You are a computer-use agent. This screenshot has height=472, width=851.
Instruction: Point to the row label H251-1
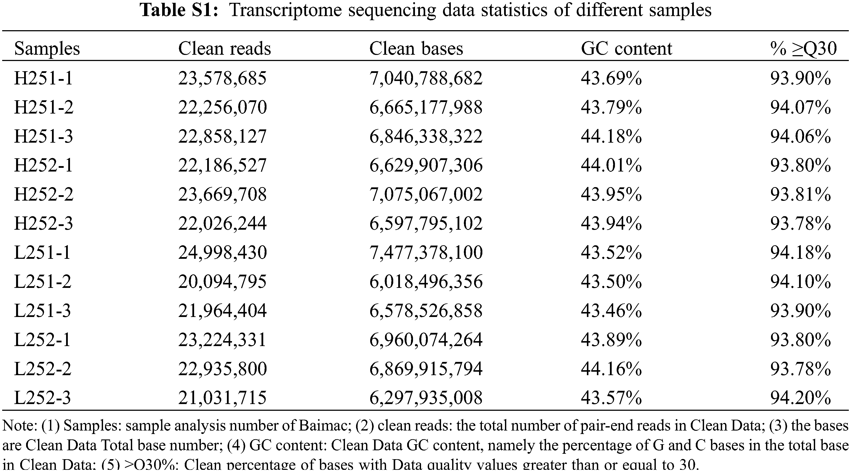click(x=43, y=79)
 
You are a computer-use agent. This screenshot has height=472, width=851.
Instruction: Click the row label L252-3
click(x=42, y=397)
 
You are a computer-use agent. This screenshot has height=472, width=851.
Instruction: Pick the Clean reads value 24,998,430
click(x=222, y=253)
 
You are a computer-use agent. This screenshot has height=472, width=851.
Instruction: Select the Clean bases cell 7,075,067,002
click(x=426, y=194)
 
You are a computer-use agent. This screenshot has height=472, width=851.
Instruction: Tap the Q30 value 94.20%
click(x=800, y=397)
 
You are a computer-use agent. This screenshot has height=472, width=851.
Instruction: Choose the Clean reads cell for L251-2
click(x=222, y=282)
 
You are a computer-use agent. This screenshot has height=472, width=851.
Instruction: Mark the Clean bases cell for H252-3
click(x=426, y=223)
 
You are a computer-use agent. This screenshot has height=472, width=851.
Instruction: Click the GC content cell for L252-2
click(x=611, y=369)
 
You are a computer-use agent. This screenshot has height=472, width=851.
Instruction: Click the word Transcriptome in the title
click(x=285, y=10)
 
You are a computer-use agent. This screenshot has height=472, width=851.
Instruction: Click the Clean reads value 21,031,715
click(x=222, y=397)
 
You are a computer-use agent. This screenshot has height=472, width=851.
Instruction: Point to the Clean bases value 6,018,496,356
click(x=426, y=282)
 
